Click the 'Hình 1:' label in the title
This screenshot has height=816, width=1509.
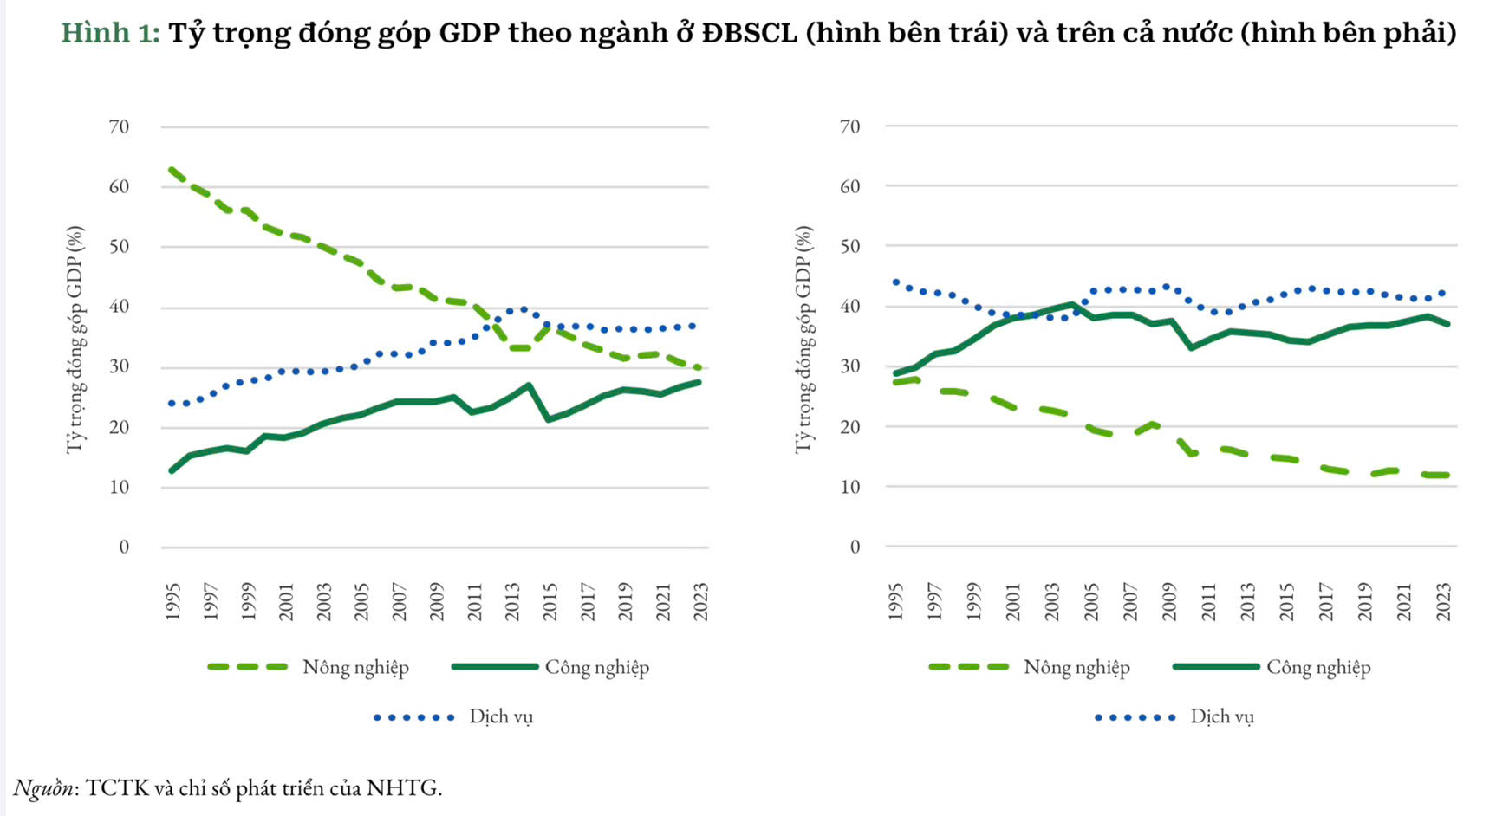[110, 33]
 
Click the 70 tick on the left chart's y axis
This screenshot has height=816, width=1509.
[119, 127]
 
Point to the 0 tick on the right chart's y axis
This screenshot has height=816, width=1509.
[855, 547]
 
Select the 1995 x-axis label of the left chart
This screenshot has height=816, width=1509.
[172, 601]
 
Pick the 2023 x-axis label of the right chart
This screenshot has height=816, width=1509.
[1443, 601]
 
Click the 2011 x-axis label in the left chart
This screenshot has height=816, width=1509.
[475, 601]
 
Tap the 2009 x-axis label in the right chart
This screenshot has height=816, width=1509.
[1169, 601]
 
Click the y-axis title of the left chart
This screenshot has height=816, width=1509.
[76, 339]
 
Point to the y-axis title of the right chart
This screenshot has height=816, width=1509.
[804, 339]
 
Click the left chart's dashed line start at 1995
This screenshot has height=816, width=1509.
[172, 170]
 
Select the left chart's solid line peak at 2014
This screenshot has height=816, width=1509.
[530, 385]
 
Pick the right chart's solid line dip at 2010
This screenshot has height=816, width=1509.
[1191, 347]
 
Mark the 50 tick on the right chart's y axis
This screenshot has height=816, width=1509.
[850, 246]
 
